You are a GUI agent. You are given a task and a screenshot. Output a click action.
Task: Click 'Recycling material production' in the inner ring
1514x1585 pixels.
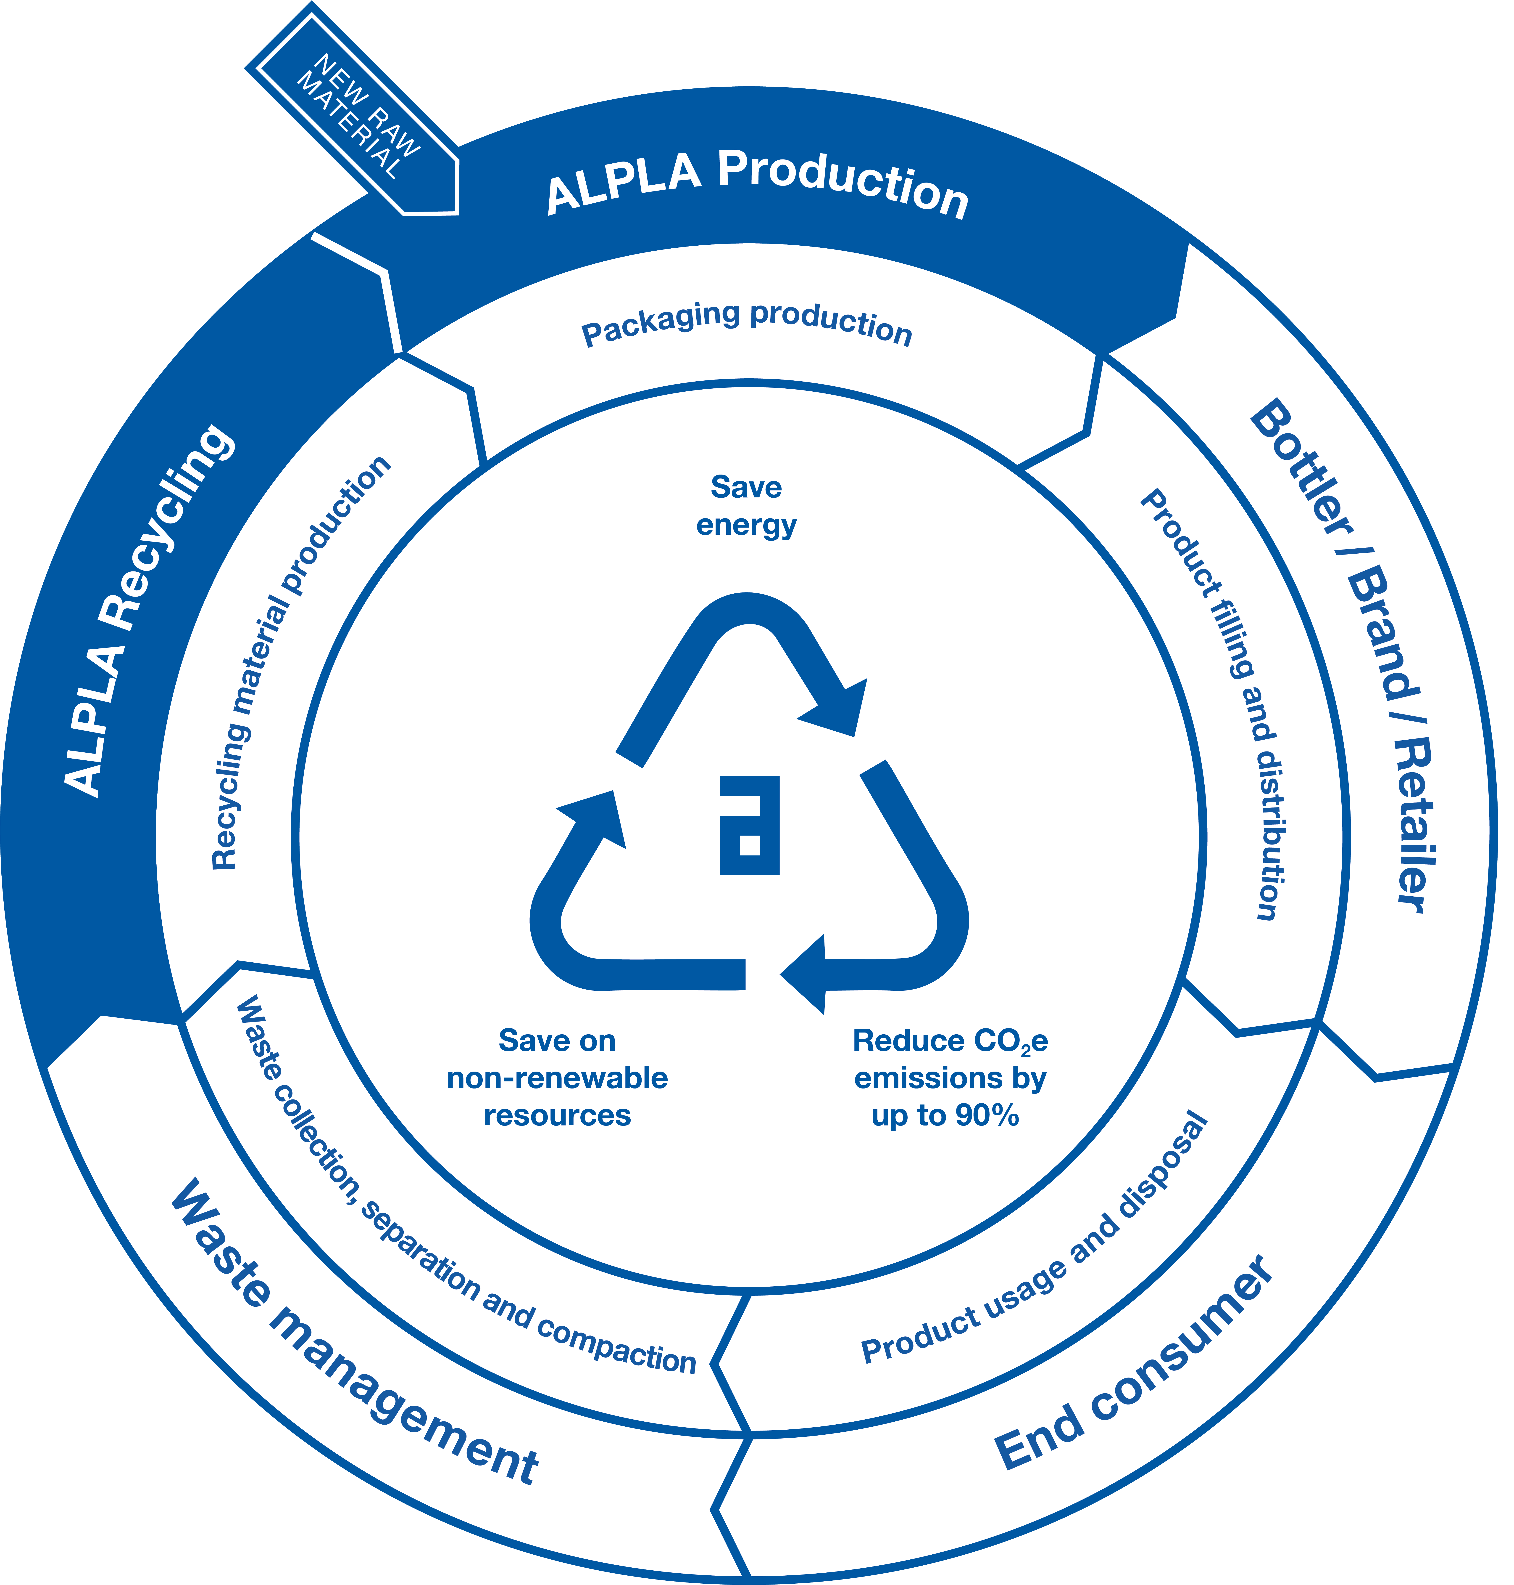299,662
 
